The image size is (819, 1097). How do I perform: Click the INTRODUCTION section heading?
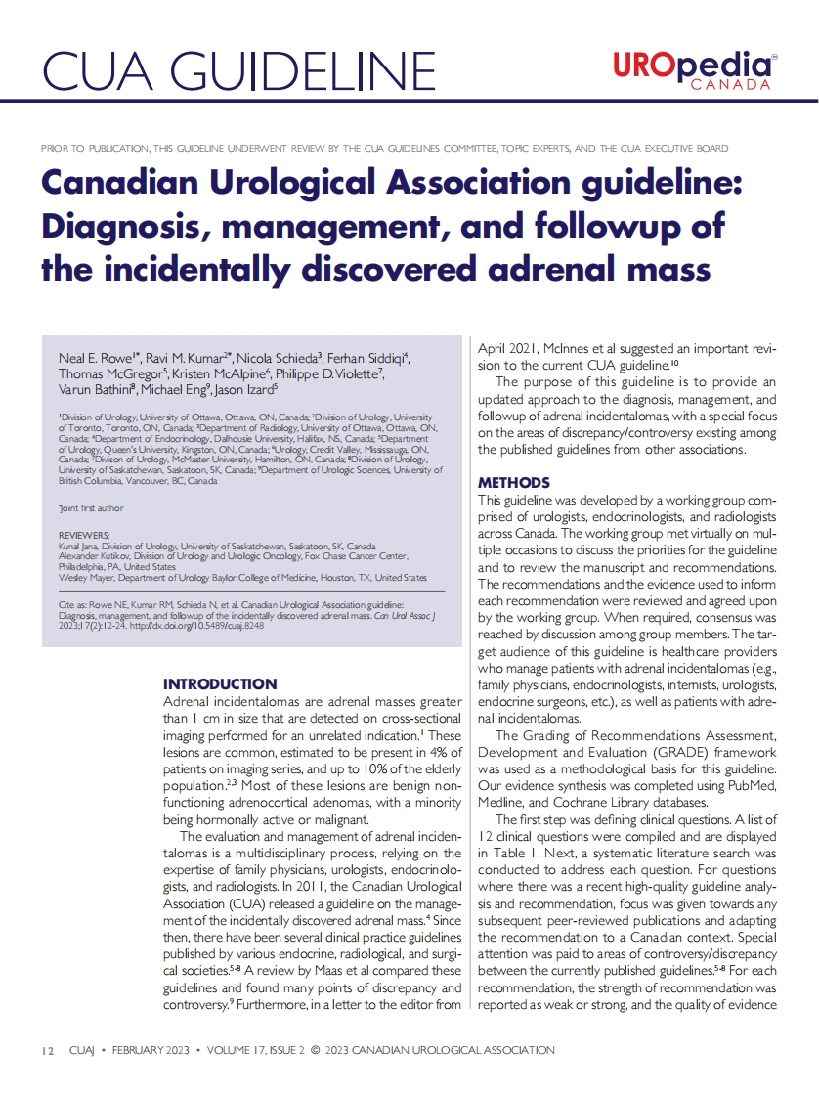(x=219, y=683)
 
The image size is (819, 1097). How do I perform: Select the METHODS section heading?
(x=513, y=483)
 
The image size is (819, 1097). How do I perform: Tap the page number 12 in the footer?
(x=48, y=1050)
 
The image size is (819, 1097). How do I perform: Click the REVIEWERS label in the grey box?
(x=84, y=535)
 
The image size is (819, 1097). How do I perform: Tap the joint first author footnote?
(x=91, y=509)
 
